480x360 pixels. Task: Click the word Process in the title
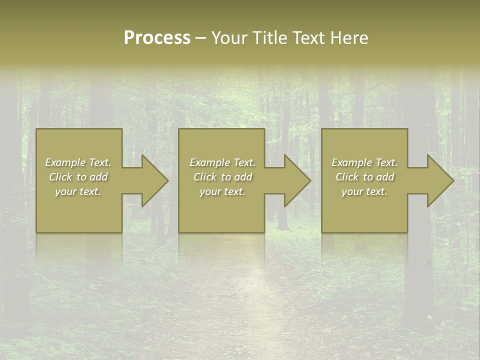(x=157, y=38)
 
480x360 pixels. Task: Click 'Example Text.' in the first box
(x=78, y=162)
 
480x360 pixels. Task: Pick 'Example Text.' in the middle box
(x=222, y=162)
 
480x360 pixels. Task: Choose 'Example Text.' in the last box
(x=364, y=162)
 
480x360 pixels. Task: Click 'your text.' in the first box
(x=78, y=191)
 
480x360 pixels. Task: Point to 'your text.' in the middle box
(x=222, y=191)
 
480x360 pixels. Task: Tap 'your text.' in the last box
(x=364, y=191)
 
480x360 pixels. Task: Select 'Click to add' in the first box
(x=78, y=177)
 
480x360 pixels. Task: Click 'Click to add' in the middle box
(x=222, y=177)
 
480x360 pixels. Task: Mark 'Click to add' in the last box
(x=364, y=177)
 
